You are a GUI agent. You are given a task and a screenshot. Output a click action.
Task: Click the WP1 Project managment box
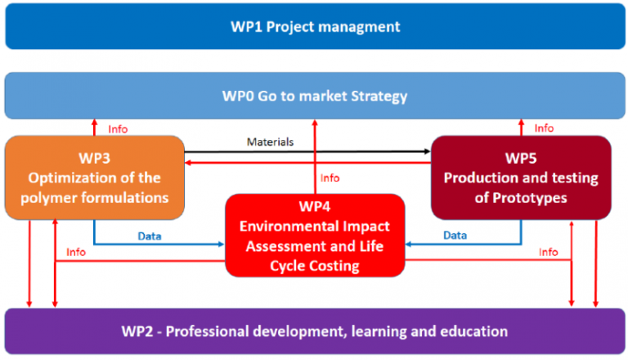[314, 26]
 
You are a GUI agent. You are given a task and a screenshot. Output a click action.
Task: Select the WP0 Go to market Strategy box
[314, 97]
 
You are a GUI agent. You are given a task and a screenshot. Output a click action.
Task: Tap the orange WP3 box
[94, 178]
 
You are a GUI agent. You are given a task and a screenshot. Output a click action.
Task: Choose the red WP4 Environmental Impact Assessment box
[315, 235]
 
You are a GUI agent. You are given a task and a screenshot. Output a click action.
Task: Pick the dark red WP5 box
[521, 178]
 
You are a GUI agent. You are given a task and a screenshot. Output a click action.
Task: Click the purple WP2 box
[314, 331]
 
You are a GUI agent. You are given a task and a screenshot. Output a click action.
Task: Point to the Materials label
[270, 142]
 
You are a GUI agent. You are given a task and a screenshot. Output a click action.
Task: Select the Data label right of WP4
[455, 235]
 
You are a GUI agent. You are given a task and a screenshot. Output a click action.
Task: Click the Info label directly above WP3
[118, 128]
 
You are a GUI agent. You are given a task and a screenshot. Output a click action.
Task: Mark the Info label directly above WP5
[544, 128]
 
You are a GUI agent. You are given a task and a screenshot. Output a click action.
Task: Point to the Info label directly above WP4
[330, 178]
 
